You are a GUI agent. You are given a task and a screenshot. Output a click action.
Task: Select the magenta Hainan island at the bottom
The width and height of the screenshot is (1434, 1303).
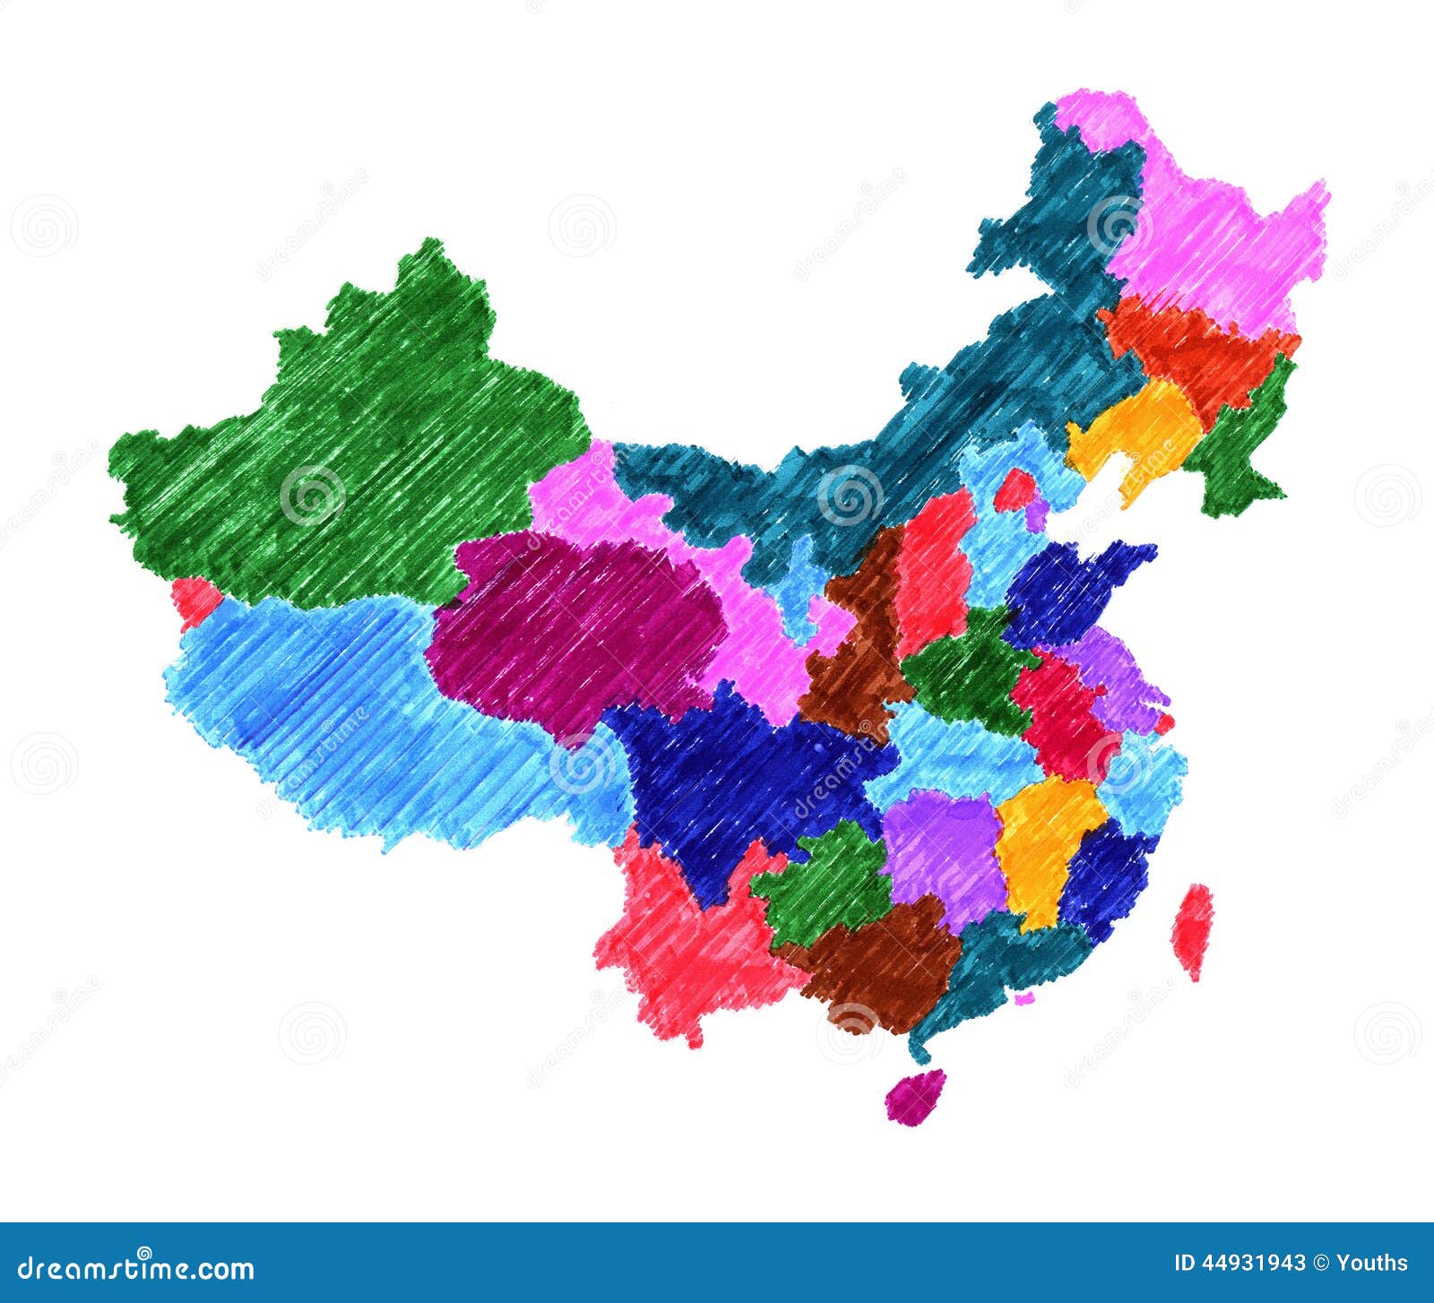[x=915, y=1094]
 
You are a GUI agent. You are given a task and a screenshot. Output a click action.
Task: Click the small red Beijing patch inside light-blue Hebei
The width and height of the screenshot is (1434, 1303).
[x=1014, y=490]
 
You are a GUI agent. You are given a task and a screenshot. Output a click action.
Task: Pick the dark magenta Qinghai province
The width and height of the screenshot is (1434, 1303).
[x=574, y=627]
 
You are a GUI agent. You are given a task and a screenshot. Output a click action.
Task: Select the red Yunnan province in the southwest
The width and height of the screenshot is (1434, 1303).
[x=681, y=941]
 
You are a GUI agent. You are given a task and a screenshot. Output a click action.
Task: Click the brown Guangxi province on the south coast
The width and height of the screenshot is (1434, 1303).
[x=878, y=963]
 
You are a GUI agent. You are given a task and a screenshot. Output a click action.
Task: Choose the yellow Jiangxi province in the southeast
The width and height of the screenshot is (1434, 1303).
[x=1044, y=842]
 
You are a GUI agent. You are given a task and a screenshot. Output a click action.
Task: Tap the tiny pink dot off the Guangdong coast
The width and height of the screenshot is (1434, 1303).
[x=1024, y=997]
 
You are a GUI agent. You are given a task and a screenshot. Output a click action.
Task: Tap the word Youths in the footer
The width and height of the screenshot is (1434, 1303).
[x=1371, y=1264]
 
